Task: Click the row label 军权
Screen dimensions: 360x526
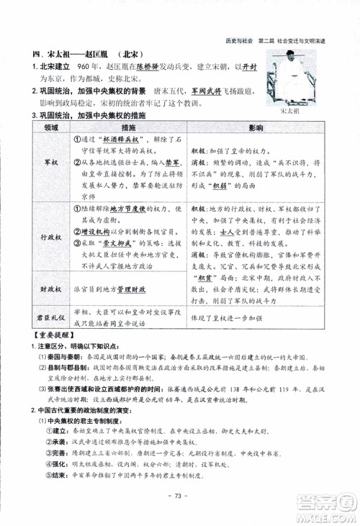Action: tap(49, 163)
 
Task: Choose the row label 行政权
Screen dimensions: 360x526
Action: tap(49, 235)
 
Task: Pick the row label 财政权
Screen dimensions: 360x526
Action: tap(49, 287)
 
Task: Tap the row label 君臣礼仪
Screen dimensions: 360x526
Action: tap(49, 314)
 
